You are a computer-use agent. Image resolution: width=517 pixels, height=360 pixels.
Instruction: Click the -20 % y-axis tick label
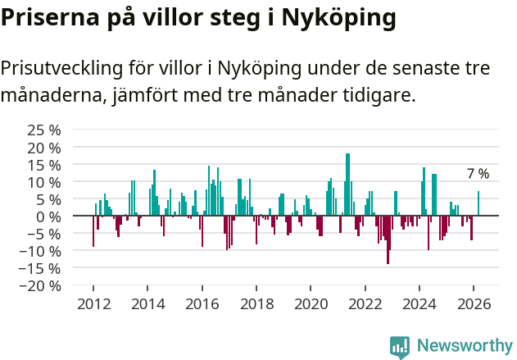coord(39,285)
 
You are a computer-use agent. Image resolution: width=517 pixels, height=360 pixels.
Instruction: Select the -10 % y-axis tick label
coord(39,251)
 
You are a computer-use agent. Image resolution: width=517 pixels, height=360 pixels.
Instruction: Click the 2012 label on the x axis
coord(93,304)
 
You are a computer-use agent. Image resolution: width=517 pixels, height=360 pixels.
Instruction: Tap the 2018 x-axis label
coord(256,304)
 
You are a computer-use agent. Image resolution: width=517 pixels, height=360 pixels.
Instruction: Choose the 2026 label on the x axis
coord(474,304)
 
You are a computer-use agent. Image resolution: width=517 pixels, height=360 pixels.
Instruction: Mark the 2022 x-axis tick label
coord(365,304)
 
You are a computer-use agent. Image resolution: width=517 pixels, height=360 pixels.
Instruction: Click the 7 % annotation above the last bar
coord(478,174)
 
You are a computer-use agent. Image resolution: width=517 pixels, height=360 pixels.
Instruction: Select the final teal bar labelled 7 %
coord(478,203)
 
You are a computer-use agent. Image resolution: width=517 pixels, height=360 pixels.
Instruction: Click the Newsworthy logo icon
coord(400,347)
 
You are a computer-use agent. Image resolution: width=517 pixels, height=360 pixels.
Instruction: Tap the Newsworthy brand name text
coord(465,346)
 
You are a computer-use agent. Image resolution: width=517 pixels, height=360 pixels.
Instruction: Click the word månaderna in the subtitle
coord(50,95)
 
